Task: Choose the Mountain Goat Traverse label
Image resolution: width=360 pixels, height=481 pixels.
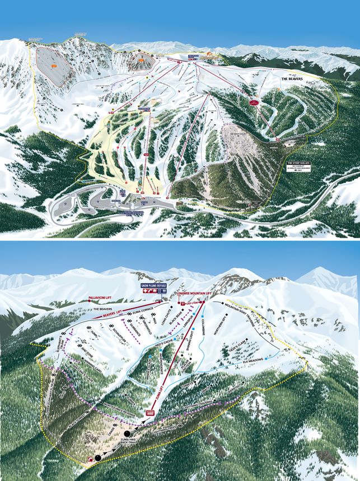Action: point(243,314)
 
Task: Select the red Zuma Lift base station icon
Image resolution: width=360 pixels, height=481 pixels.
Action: point(150,413)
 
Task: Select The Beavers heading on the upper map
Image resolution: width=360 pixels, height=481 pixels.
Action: point(292,79)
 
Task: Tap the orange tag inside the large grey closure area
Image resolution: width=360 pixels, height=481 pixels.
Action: point(53,66)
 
